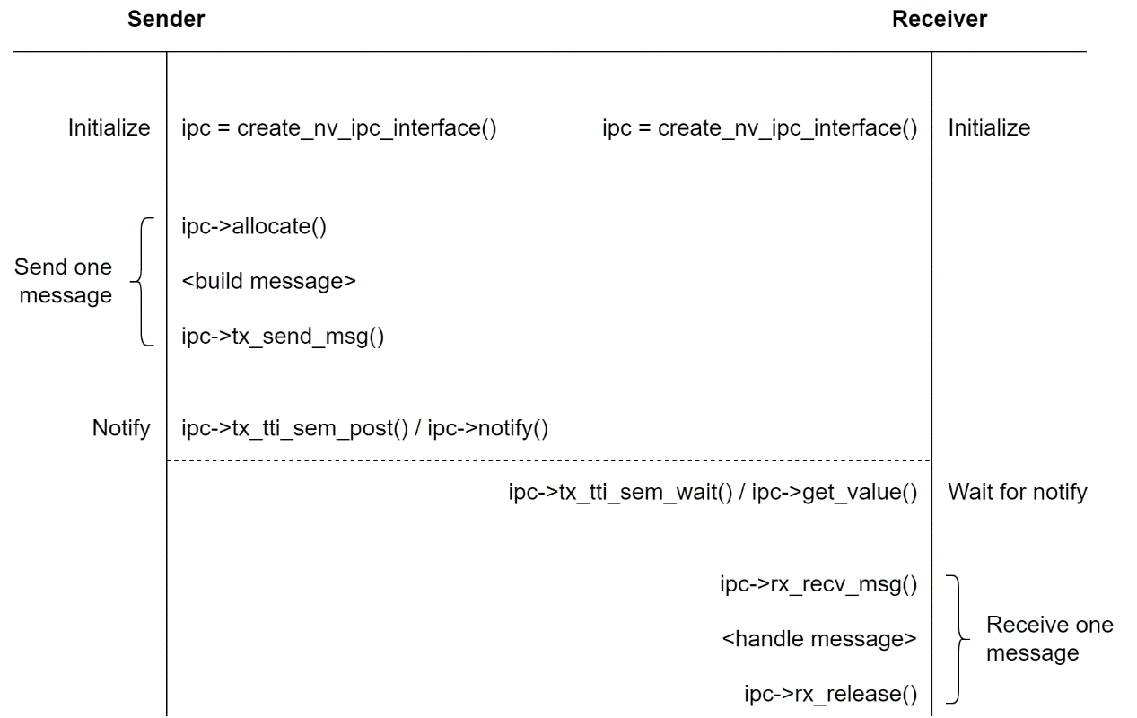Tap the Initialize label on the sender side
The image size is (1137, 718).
click(x=109, y=128)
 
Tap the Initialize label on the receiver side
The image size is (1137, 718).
click(x=989, y=128)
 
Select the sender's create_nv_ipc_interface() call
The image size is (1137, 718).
click(x=339, y=128)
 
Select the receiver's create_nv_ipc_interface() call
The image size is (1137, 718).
click(x=759, y=128)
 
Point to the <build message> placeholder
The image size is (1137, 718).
click(x=269, y=282)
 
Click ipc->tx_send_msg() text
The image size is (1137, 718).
click(x=283, y=339)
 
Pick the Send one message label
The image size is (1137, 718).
click(x=64, y=281)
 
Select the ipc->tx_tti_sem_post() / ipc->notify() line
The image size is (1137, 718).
click(x=364, y=428)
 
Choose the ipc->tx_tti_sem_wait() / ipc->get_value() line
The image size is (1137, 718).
click(x=713, y=493)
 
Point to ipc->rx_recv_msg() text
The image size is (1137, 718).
click(x=818, y=587)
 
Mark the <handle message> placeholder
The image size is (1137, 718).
click(x=818, y=639)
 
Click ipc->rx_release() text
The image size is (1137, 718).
click(x=830, y=692)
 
